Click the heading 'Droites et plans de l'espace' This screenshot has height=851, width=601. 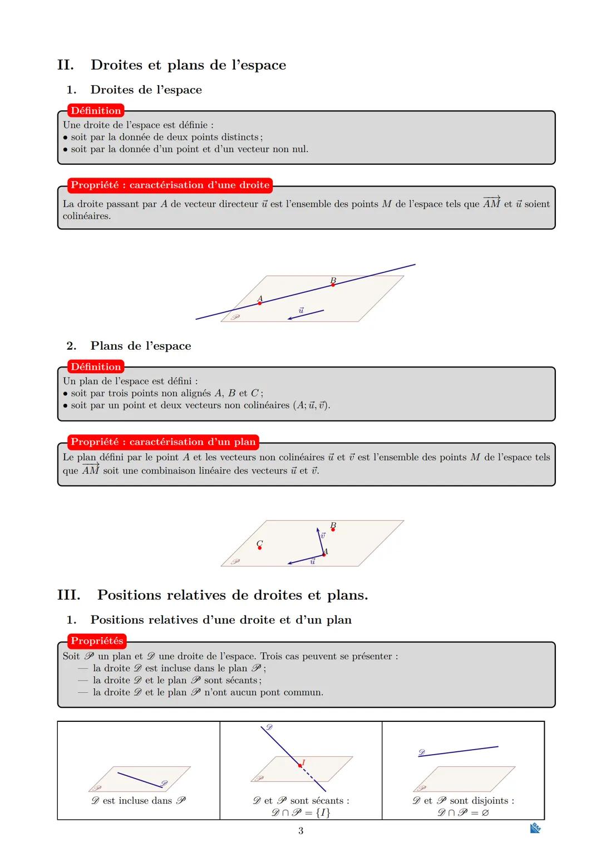[188, 65]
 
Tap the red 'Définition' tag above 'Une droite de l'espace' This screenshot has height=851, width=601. [96, 111]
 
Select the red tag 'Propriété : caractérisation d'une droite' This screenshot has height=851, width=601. [170, 185]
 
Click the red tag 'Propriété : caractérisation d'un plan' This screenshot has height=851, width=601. [163, 442]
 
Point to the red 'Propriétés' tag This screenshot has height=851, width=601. [97, 640]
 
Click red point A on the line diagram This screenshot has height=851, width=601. [259, 303]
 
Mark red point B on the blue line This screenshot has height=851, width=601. [333, 285]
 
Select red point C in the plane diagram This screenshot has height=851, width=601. [259, 548]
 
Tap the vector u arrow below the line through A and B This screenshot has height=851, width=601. [306, 315]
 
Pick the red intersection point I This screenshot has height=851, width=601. [300, 766]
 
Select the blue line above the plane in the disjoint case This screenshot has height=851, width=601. [458, 751]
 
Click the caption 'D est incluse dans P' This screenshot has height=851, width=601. [139, 800]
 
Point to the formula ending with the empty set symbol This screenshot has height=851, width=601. [463, 813]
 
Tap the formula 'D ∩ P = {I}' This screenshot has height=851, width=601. [300, 813]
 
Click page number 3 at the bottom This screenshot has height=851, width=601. [300, 830]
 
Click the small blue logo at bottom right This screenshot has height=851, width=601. [535, 829]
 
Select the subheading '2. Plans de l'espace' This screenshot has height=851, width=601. [140, 346]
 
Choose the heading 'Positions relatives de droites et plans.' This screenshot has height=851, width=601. [232, 595]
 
